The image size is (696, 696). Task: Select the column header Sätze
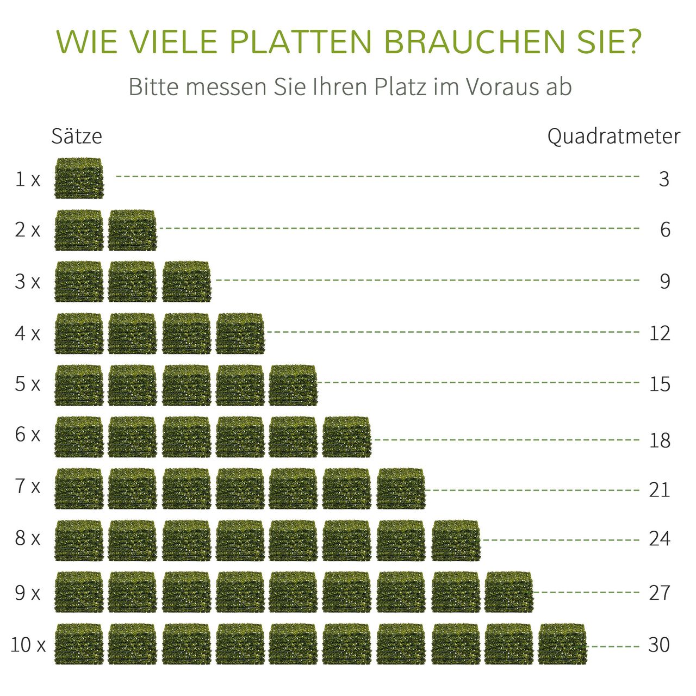pyautogui.click(x=77, y=136)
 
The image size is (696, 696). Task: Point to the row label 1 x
pyautogui.click(x=28, y=179)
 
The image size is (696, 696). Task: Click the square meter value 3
pyautogui.click(x=664, y=179)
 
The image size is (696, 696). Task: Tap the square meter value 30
pyautogui.click(x=659, y=645)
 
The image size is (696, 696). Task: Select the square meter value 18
pyautogui.click(x=660, y=440)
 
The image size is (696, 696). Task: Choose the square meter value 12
pyautogui.click(x=660, y=333)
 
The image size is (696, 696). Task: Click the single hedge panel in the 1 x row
pyautogui.click(x=79, y=178)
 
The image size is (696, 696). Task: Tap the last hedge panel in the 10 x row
pyautogui.click(x=563, y=644)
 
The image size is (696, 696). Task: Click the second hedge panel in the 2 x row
pyautogui.click(x=132, y=230)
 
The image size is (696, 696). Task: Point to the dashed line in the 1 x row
pyautogui.click(x=377, y=177)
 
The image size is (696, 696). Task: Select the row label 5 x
pyautogui.click(x=28, y=384)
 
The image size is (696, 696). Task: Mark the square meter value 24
pyautogui.click(x=660, y=538)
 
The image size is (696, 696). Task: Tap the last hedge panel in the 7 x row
pyautogui.click(x=401, y=488)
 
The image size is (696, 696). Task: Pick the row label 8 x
pyautogui.click(x=28, y=538)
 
